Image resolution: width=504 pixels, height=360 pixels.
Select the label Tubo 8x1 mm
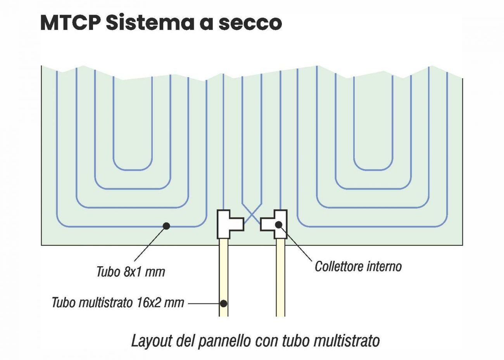pos(131,272)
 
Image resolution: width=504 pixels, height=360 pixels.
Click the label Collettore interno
pos(358,267)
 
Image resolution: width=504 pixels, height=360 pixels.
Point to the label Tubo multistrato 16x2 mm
pos(118,302)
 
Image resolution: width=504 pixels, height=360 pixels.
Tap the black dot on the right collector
pos(278,224)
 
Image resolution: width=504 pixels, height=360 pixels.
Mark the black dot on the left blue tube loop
pos(166,226)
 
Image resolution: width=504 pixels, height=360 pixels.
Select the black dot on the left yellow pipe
pos(224,303)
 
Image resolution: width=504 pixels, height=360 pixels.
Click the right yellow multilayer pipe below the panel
pos(281,279)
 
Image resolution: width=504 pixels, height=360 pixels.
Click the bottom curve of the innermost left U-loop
pos(132,169)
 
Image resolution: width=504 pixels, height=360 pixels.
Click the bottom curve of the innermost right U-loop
pos(373,170)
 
